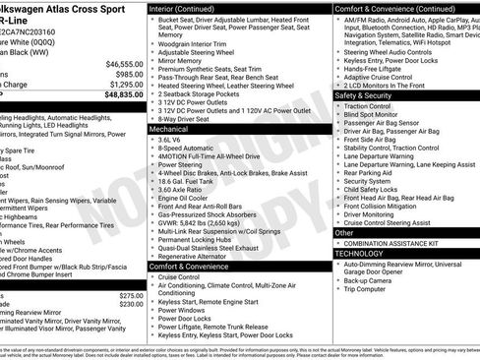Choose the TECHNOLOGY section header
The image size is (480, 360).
tap(358, 253)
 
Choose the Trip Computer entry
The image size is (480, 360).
tap(371, 288)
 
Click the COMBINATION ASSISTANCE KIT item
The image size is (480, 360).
tap(390, 242)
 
